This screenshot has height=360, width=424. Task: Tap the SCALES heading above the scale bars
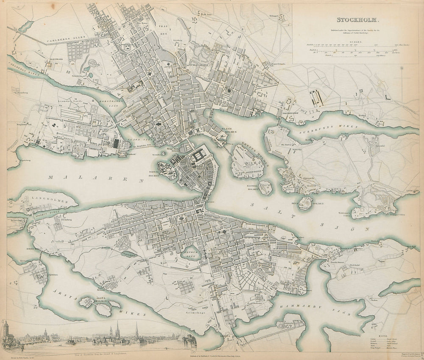[x=356, y=42]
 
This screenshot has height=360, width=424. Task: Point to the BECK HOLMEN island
[x=305, y=203]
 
